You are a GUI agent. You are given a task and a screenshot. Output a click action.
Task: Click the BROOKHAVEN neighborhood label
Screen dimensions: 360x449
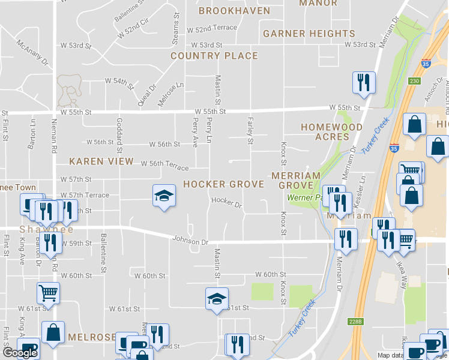pos(228,11)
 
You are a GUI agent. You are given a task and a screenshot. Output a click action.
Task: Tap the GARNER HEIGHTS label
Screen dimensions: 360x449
pos(309,34)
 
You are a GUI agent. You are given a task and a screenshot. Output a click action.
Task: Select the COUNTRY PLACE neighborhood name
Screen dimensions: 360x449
pos(214,56)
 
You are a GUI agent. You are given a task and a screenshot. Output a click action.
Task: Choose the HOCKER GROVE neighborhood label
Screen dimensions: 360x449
pos(223,184)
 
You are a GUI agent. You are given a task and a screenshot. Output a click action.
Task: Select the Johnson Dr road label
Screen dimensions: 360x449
pos(190,241)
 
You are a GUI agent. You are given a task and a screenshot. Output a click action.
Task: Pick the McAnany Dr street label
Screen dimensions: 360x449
pos(32,52)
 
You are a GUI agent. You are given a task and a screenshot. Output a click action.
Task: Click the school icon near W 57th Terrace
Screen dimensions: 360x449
pos(164,195)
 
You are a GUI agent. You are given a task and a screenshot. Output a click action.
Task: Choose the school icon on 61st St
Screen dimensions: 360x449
pos(217,298)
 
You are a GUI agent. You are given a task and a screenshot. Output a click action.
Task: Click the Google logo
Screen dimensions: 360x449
pos(20,353)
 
